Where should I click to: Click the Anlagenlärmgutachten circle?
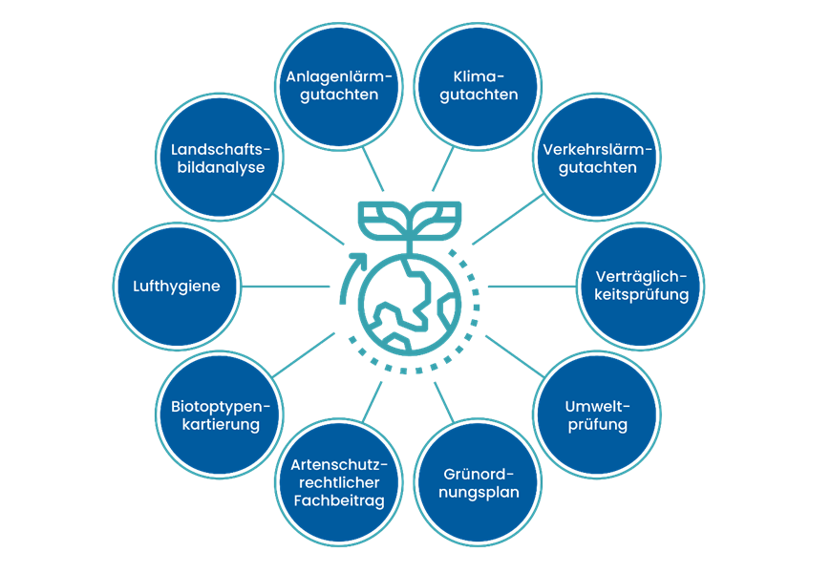(x=339, y=86)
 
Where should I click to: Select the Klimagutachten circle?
(x=478, y=86)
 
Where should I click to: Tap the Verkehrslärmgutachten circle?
(x=597, y=158)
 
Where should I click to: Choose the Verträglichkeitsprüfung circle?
(x=641, y=287)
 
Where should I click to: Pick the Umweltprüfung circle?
(x=597, y=415)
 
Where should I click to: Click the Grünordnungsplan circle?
(x=478, y=483)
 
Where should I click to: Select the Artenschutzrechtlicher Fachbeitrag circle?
(x=339, y=483)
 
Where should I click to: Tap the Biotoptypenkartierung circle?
(x=220, y=415)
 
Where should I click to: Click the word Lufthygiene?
(x=177, y=287)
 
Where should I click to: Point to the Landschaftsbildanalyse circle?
(x=220, y=158)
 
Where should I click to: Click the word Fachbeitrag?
(x=339, y=500)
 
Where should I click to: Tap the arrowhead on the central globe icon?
(x=359, y=261)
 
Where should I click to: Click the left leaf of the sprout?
(x=383, y=219)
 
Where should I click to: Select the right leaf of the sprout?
(x=436, y=219)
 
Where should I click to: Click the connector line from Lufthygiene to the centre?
(x=287, y=287)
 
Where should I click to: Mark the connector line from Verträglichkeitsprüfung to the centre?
(x=532, y=287)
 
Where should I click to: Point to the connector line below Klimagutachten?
(x=443, y=170)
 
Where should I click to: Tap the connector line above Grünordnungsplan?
(x=444, y=402)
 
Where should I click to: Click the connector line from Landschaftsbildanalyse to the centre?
(x=309, y=220)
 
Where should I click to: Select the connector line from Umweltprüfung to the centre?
(x=515, y=356)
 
